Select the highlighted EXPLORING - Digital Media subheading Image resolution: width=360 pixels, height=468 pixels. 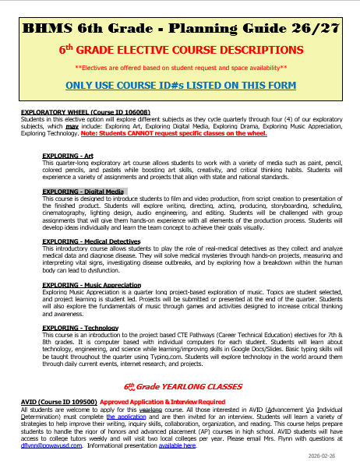tap(83, 190)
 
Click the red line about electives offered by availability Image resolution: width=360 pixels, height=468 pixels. tap(180, 67)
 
